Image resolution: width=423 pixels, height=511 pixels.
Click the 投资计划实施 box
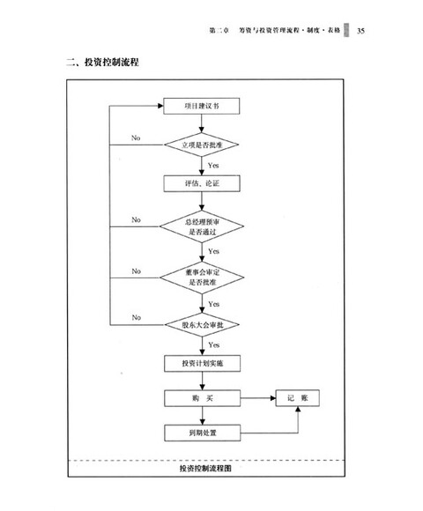(x=202, y=363)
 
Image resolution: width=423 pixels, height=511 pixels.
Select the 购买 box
(x=202, y=398)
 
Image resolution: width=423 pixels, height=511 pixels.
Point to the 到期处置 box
(x=202, y=433)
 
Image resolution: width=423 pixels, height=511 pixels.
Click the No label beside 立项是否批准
(x=136, y=137)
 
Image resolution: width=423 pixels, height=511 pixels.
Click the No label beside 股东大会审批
(x=136, y=316)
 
